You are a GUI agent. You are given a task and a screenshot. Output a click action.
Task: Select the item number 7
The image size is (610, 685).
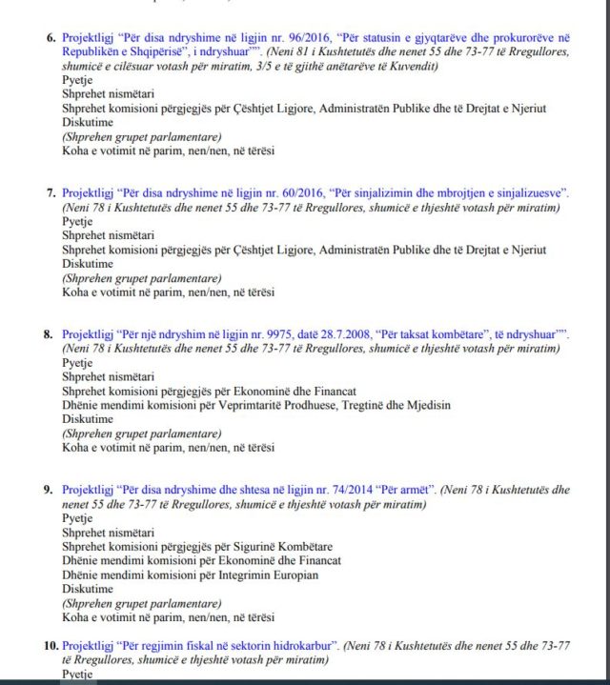pyautogui.click(x=50, y=193)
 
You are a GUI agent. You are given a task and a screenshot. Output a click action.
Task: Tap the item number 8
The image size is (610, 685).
pyautogui.click(x=50, y=336)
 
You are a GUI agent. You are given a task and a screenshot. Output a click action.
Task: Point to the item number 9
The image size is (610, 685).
pyautogui.click(x=50, y=490)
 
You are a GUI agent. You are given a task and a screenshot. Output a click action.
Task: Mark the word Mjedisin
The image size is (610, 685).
pyautogui.click(x=423, y=405)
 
